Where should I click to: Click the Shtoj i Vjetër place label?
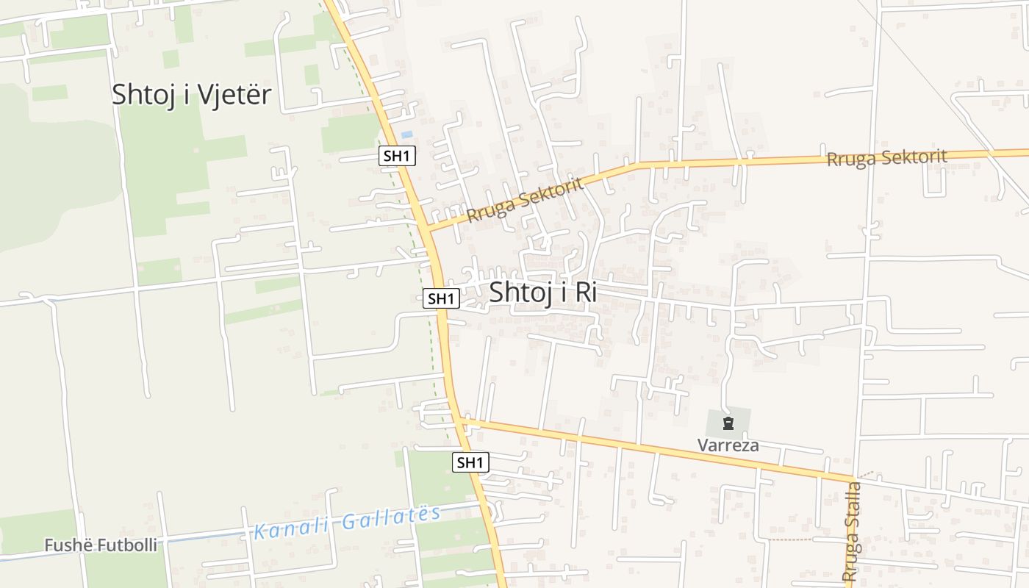tap(191, 95)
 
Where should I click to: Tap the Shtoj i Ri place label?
tap(542, 292)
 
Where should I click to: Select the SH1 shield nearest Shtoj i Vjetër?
tap(398, 156)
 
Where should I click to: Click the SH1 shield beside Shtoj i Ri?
tap(442, 298)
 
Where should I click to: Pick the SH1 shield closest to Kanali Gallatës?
tap(470, 462)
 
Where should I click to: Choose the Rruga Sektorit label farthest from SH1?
tap(886, 157)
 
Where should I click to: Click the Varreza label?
tap(728, 445)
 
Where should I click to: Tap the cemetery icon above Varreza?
tap(728, 423)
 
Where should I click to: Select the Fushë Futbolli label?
tap(101, 545)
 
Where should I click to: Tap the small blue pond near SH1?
tap(406, 135)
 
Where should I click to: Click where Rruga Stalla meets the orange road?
tap(855, 481)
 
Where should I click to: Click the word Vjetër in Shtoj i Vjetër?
tap(235, 95)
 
